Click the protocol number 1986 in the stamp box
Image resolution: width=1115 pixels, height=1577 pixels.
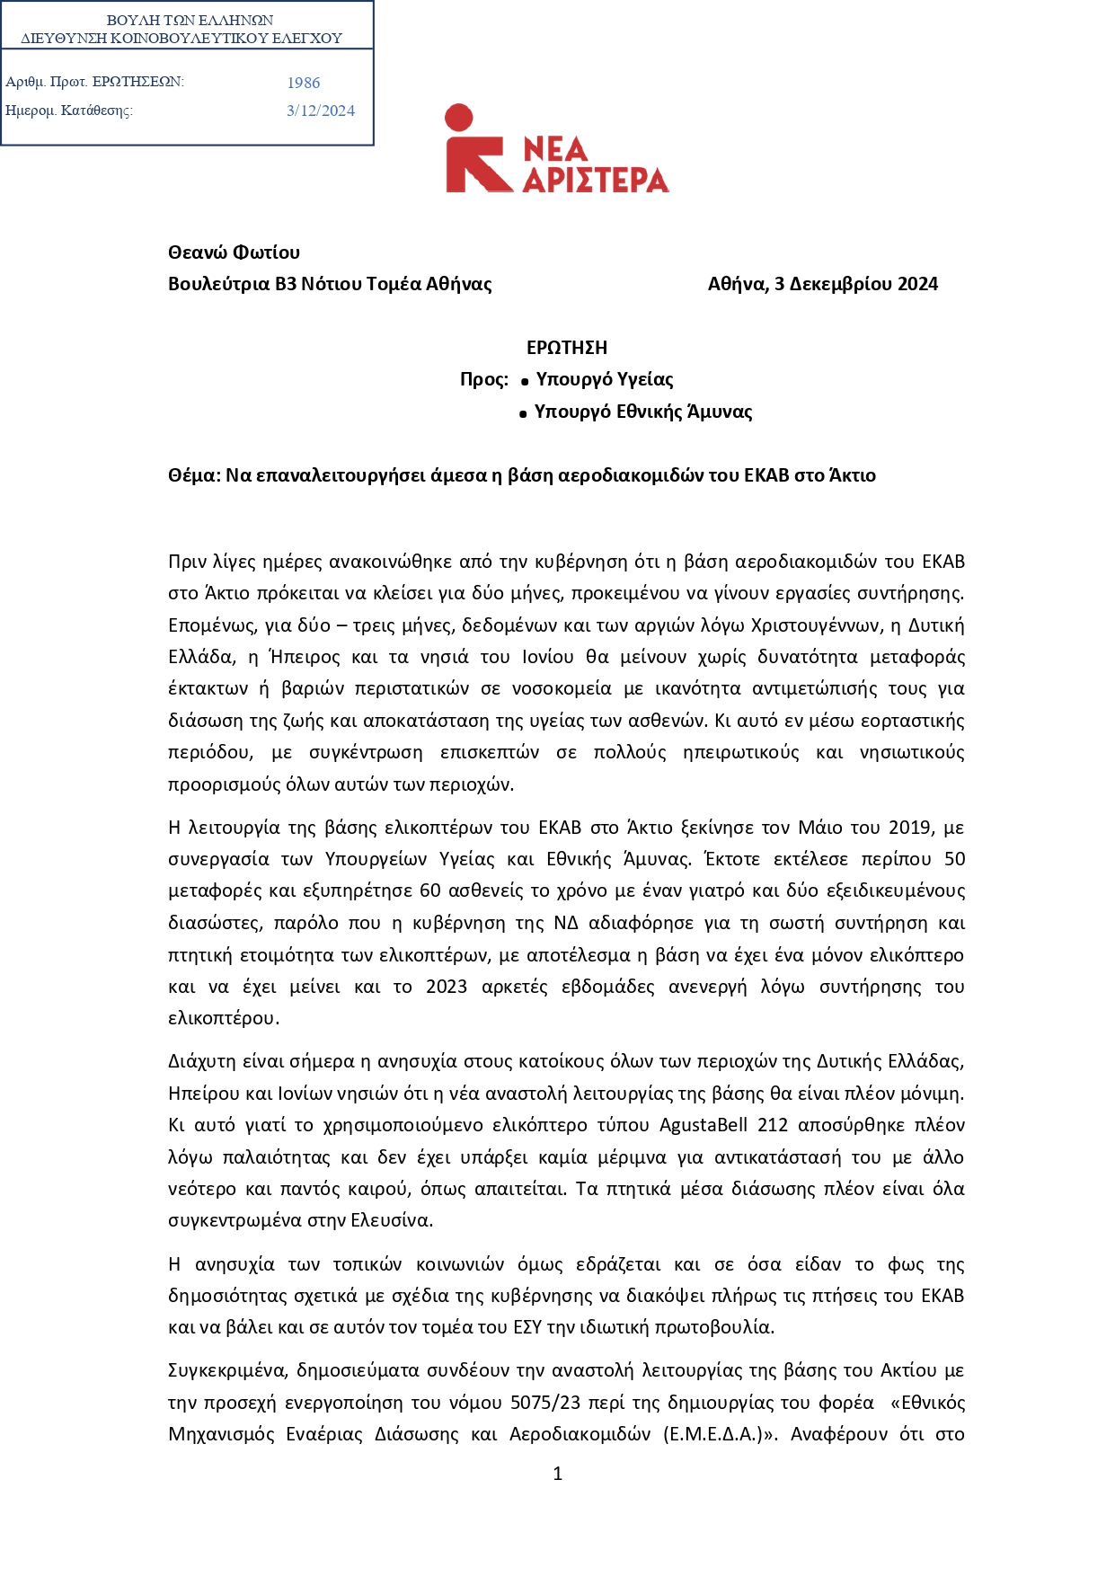[x=304, y=83]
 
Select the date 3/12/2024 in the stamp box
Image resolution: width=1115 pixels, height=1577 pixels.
[x=321, y=111]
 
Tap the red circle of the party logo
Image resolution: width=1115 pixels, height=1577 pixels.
[x=458, y=118]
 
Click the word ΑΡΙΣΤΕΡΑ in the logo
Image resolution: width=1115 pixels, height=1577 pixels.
[x=596, y=180]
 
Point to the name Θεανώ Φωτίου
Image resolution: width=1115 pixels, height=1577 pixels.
[x=234, y=252]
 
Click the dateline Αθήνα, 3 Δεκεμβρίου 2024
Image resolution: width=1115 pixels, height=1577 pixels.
[x=822, y=284]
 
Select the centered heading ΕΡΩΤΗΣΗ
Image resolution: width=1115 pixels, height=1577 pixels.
[x=567, y=348]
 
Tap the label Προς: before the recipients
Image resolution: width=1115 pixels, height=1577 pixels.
[x=484, y=379]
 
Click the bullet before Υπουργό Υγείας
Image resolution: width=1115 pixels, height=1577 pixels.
[x=525, y=383]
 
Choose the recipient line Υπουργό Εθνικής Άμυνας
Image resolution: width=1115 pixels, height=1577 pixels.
[x=643, y=412]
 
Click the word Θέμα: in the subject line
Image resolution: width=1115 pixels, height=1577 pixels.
[x=194, y=475]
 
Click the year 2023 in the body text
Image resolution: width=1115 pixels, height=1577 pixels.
[x=447, y=987]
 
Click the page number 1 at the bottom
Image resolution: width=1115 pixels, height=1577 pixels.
[x=558, y=1474]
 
